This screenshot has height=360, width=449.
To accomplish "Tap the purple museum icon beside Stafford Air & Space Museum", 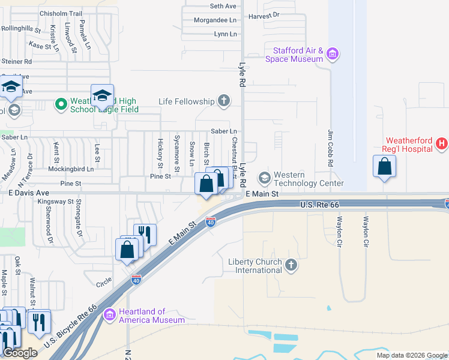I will click(x=333, y=56).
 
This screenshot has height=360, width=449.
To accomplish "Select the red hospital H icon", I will click(x=441, y=143).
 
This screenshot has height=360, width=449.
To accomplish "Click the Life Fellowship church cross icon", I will click(x=224, y=101).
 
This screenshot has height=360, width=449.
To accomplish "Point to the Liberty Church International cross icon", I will click(x=291, y=265).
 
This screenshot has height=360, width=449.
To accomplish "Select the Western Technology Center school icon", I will click(x=264, y=178).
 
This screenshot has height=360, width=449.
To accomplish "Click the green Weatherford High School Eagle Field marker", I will click(x=61, y=105).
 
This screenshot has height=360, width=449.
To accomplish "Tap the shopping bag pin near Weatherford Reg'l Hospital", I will click(x=384, y=167).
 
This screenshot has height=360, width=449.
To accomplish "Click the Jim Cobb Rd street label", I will click(x=331, y=147).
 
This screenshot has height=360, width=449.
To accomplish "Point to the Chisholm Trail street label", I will click(x=60, y=13).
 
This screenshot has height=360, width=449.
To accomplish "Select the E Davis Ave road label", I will click(x=28, y=193).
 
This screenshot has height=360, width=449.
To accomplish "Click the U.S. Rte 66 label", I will click(x=319, y=205).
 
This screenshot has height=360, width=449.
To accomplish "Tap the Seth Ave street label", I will click(x=223, y=6).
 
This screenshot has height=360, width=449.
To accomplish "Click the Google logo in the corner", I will click(x=20, y=353).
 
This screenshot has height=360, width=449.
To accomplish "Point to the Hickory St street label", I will click(x=160, y=153).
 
